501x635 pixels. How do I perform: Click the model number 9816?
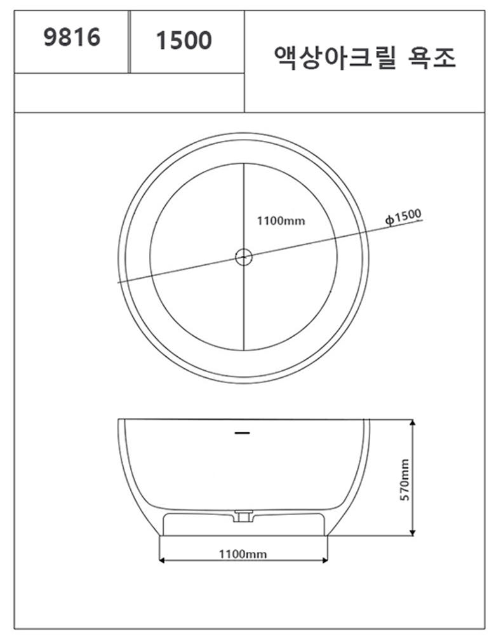(72, 37)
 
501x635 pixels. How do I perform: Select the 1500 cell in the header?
(187, 42)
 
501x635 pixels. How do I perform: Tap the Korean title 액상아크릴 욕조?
(365, 58)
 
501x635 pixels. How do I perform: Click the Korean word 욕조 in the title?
(431, 58)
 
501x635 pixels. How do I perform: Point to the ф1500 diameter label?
(403, 217)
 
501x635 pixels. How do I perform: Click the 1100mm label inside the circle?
(281, 221)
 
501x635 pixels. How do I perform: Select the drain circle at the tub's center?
(244, 257)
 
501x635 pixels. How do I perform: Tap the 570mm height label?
(404, 479)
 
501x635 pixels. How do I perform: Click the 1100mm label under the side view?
(243, 554)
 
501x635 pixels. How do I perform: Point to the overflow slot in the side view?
(242, 433)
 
